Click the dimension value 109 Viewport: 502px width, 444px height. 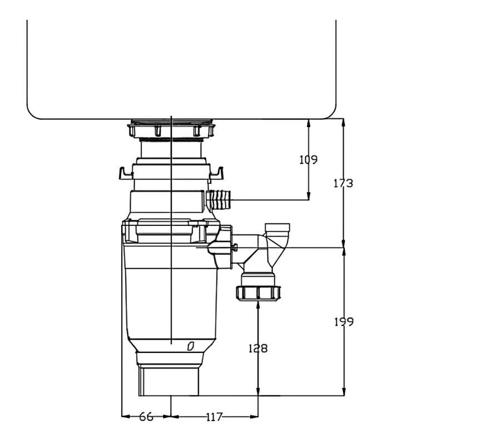(309, 159)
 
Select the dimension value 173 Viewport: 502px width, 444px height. (343, 183)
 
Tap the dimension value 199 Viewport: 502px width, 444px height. (344, 321)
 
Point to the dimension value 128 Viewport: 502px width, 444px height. (258, 348)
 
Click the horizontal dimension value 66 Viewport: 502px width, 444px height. (146, 417)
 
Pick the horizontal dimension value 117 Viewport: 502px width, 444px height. (214, 417)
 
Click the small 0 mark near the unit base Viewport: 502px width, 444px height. (191, 346)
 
